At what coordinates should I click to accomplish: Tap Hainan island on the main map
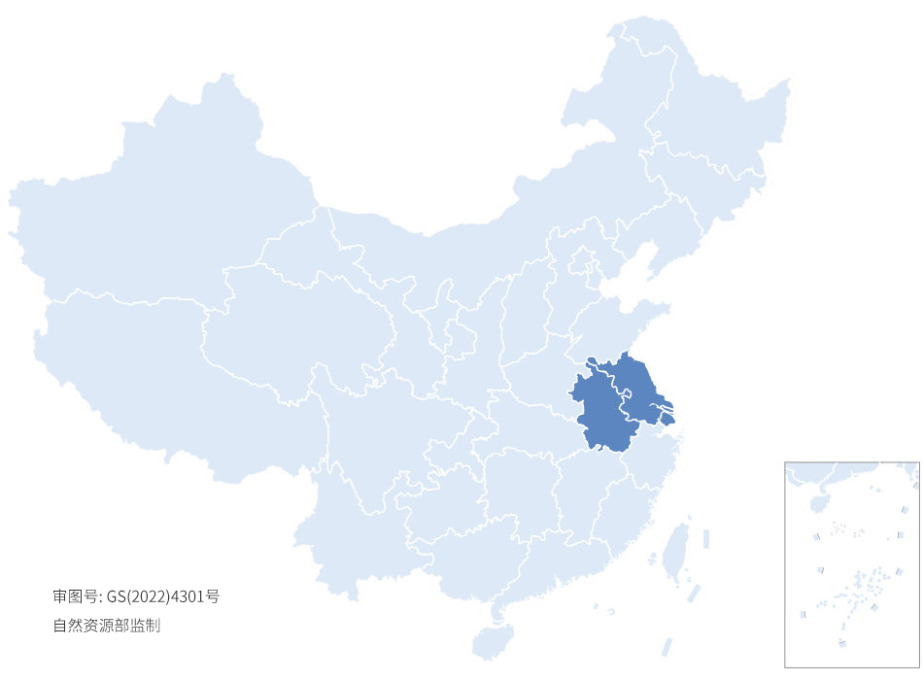493,641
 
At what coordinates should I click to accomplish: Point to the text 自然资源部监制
106,627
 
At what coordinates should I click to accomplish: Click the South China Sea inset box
851,564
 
